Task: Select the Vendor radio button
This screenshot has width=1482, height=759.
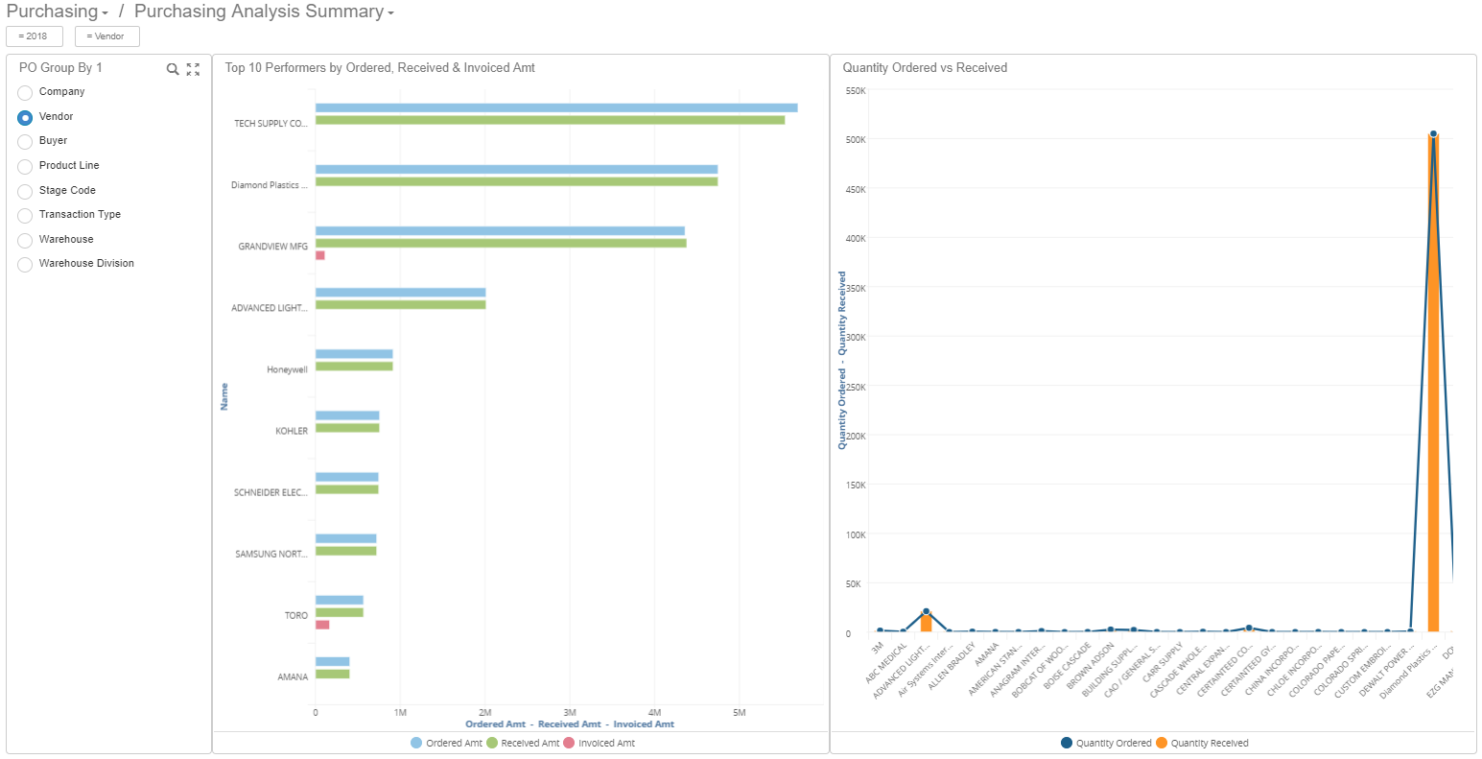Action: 25,117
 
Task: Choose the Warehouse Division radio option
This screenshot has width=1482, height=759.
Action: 25,264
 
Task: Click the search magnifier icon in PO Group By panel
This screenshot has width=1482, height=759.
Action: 173,69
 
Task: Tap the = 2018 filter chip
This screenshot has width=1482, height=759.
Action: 34,36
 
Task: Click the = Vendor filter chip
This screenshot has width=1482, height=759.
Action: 106,36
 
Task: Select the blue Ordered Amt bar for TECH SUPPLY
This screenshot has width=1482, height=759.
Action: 556,107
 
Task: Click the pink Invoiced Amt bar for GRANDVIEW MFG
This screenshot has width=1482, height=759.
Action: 320,255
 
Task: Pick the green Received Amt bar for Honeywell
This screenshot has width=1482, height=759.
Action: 354,367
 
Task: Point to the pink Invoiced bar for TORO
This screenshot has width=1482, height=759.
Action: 322,625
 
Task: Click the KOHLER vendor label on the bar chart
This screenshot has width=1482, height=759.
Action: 292,432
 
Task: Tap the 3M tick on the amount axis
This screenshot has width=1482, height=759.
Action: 570,713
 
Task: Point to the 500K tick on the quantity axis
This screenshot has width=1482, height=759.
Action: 855,139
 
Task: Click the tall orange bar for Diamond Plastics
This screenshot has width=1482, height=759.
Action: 1433,384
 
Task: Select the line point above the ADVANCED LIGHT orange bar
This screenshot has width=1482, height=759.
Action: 926,611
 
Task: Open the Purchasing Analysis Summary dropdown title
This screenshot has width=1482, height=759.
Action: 263,12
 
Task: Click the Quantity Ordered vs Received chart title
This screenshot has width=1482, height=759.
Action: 925,68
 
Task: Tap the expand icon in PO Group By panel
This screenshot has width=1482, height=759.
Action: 193,69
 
